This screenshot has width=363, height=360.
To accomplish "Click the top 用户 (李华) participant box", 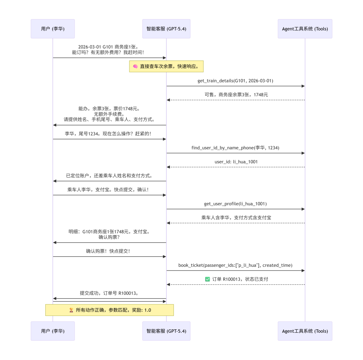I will pyautogui.click(x=53, y=29).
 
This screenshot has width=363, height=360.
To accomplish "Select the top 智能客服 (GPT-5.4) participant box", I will pyautogui.click(x=166, y=29).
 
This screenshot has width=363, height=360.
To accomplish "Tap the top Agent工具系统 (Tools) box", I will pyautogui.click(x=305, y=29).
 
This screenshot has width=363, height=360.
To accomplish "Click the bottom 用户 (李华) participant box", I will pyautogui.click(x=53, y=331).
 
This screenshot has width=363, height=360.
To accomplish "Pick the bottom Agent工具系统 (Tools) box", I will pyautogui.click(x=305, y=331).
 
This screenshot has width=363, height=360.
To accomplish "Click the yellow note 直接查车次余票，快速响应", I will pyautogui.click(x=166, y=66).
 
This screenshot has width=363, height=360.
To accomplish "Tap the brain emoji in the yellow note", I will pyautogui.click(x=135, y=66).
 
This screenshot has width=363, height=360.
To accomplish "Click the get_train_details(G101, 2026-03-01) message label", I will pyautogui.click(x=236, y=81).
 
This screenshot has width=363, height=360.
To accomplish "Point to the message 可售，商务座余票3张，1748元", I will pyautogui.click(x=236, y=95).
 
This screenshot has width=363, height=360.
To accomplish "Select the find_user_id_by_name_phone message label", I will pyautogui.click(x=235, y=148).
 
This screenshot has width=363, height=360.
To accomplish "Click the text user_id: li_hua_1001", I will pyautogui.click(x=236, y=162).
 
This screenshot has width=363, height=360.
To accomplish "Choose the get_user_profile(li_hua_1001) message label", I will pyautogui.click(x=235, y=204).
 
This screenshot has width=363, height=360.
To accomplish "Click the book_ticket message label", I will pyautogui.click(x=235, y=265).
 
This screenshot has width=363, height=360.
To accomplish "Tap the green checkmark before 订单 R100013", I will pyautogui.click(x=207, y=279).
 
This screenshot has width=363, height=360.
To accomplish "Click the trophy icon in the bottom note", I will pyautogui.click(x=71, y=310).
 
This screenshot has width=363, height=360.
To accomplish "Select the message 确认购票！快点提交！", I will pyautogui.click(x=108, y=251).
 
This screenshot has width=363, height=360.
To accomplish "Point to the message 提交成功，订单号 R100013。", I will pyautogui.click(x=109, y=293).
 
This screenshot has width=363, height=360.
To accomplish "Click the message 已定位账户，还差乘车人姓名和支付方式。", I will pyautogui.click(x=109, y=176).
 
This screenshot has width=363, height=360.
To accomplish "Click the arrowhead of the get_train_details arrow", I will pyautogui.click(x=303, y=86).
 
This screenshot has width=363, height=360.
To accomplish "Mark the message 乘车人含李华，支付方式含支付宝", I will pyautogui.click(x=236, y=218).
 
